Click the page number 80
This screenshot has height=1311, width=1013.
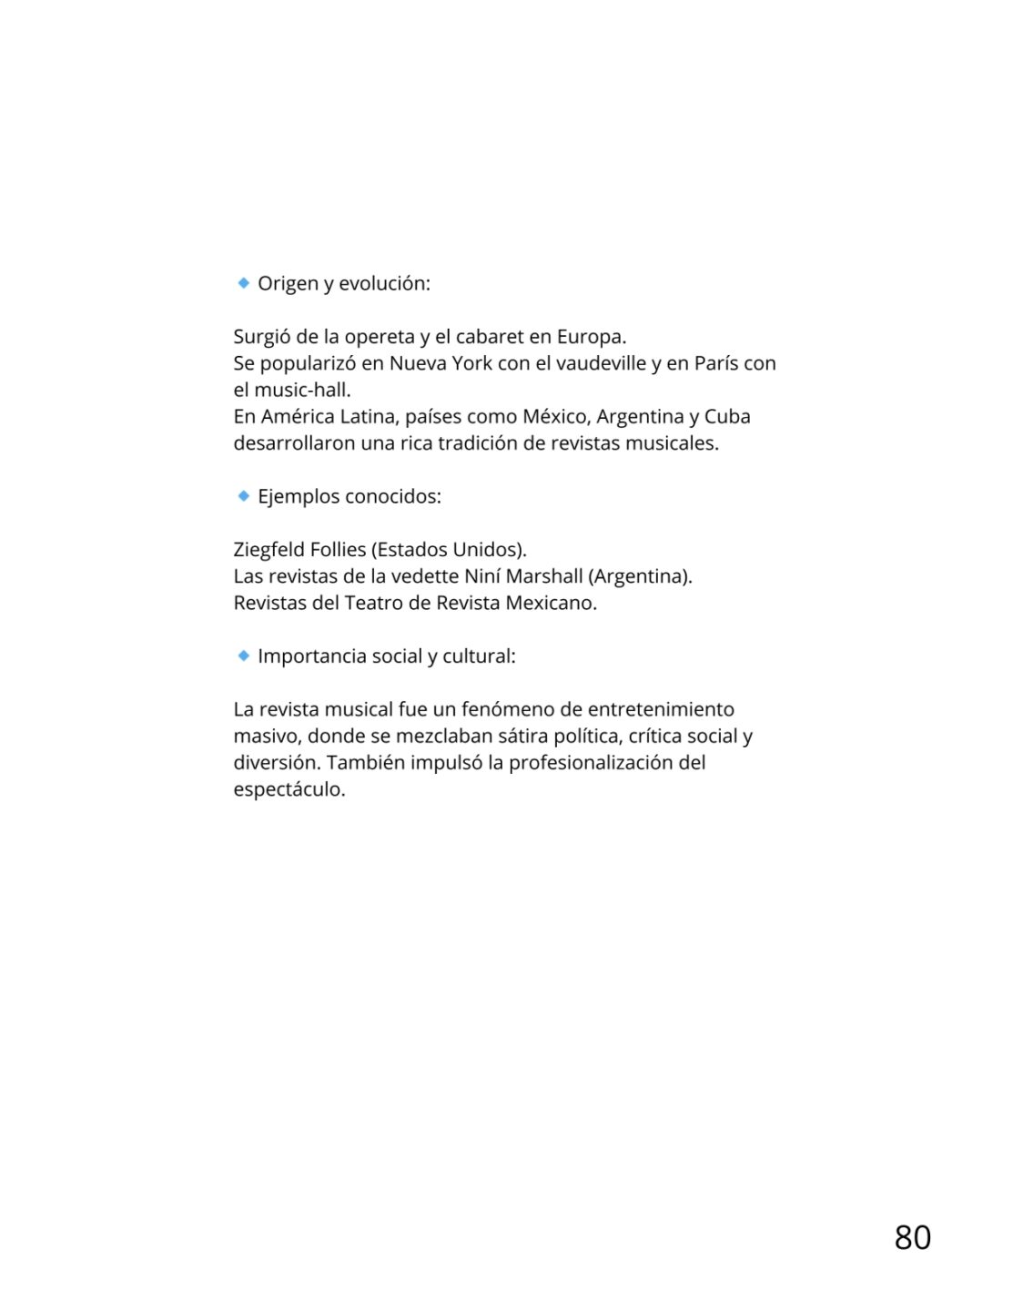pos(912,1237)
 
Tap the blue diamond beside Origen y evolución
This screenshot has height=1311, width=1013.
pos(243,283)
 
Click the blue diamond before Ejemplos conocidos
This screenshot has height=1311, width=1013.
pos(243,496)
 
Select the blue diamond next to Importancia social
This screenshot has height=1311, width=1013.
pos(243,655)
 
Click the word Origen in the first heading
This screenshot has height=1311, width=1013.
pos(288,284)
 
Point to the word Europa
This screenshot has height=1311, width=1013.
pos(591,337)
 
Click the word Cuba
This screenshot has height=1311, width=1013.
pos(727,417)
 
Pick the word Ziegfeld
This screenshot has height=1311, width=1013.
pos(269,550)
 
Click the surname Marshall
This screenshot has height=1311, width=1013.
pos(544,576)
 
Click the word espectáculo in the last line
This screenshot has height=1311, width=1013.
pos(289,789)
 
